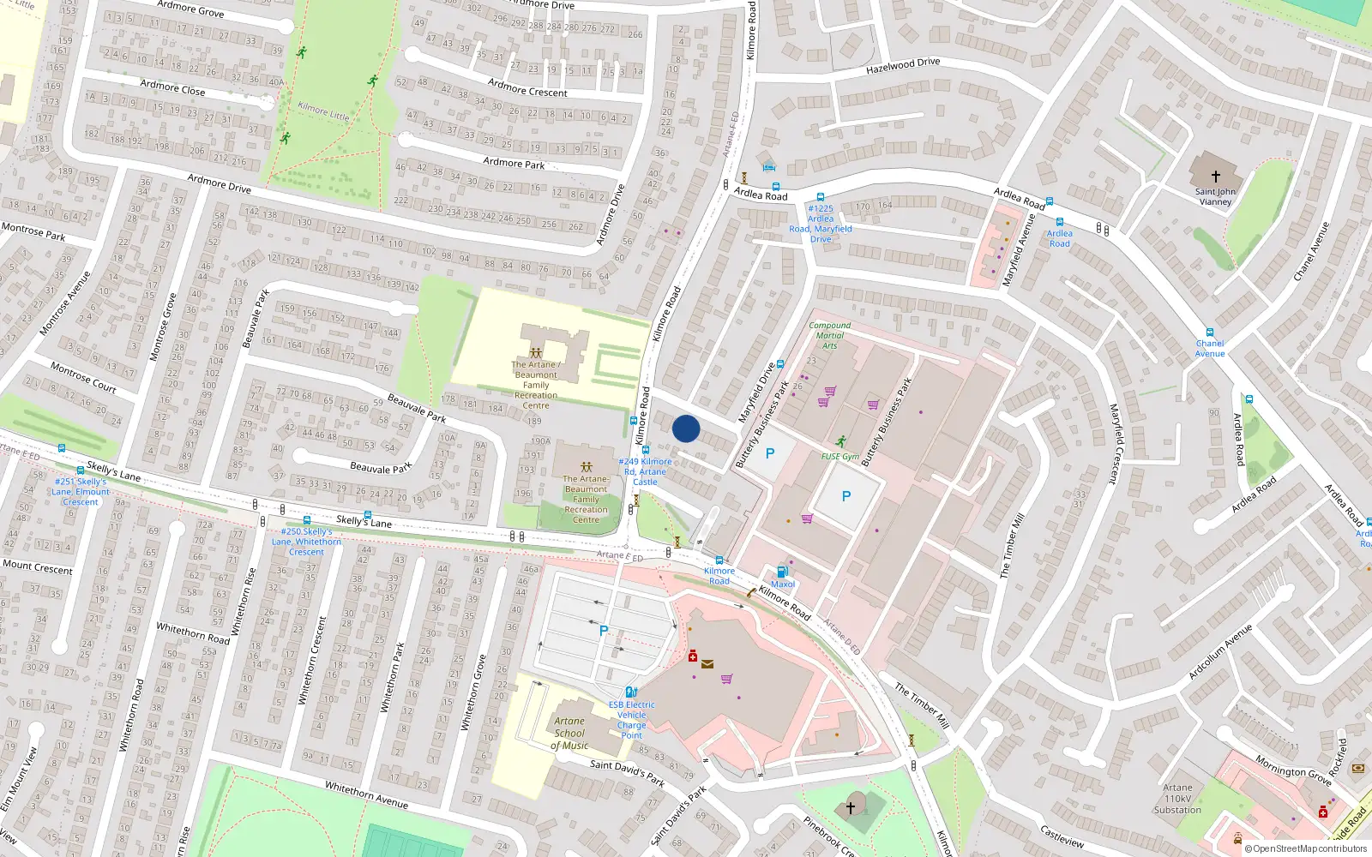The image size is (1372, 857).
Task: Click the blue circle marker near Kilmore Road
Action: coord(686,428)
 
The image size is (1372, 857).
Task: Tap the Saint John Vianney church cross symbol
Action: coord(1215,177)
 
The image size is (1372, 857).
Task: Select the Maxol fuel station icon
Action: coord(782,572)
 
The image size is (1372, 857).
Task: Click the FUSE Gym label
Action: coord(839,457)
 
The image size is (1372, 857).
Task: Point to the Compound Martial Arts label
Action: coord(829,335)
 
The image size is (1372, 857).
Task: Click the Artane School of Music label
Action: coord(569,734)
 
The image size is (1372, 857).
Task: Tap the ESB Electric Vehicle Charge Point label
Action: coord(631,720)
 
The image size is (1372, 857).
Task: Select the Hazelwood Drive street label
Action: coord(903,65)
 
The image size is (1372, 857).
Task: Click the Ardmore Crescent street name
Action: coord(527,87)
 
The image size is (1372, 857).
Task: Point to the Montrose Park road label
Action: coord(33,231)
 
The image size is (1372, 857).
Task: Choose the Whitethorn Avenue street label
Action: coord(366,794)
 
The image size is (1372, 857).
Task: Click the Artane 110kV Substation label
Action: coord(1177,799)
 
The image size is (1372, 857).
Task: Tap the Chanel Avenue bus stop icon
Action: coord(1210,333)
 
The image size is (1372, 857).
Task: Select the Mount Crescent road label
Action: coord(38,566)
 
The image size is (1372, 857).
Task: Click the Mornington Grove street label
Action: coord(1293,769)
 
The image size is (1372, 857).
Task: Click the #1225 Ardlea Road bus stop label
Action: coord(821,223)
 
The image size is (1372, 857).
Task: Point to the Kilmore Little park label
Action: coord(323,111)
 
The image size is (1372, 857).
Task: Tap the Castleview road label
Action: coord(1062,836)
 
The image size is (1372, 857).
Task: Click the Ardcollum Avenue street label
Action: coord(1219,653)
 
